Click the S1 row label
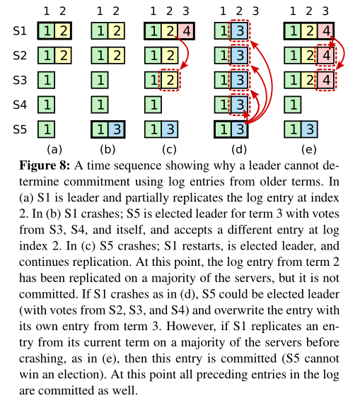click(20, 31)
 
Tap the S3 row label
click(20, 80)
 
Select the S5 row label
click(20, 129)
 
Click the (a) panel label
click(54, 149)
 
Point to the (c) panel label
click(169, 149)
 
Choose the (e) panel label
click(309, 149)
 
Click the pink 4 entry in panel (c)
click(186, 31)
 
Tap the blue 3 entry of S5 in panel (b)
click(117, 129)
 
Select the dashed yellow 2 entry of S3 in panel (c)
click(170, 80)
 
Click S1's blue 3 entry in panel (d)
click(240, 31)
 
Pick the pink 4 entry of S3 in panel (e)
click(326, 80)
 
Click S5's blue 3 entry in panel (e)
click(310, 129)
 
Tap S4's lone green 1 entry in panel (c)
click(153, 105)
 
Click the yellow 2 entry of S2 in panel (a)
click(63, 56)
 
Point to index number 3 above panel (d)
click(255, 11)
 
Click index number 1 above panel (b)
click(100, 11)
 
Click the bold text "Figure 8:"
click(45, 165)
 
